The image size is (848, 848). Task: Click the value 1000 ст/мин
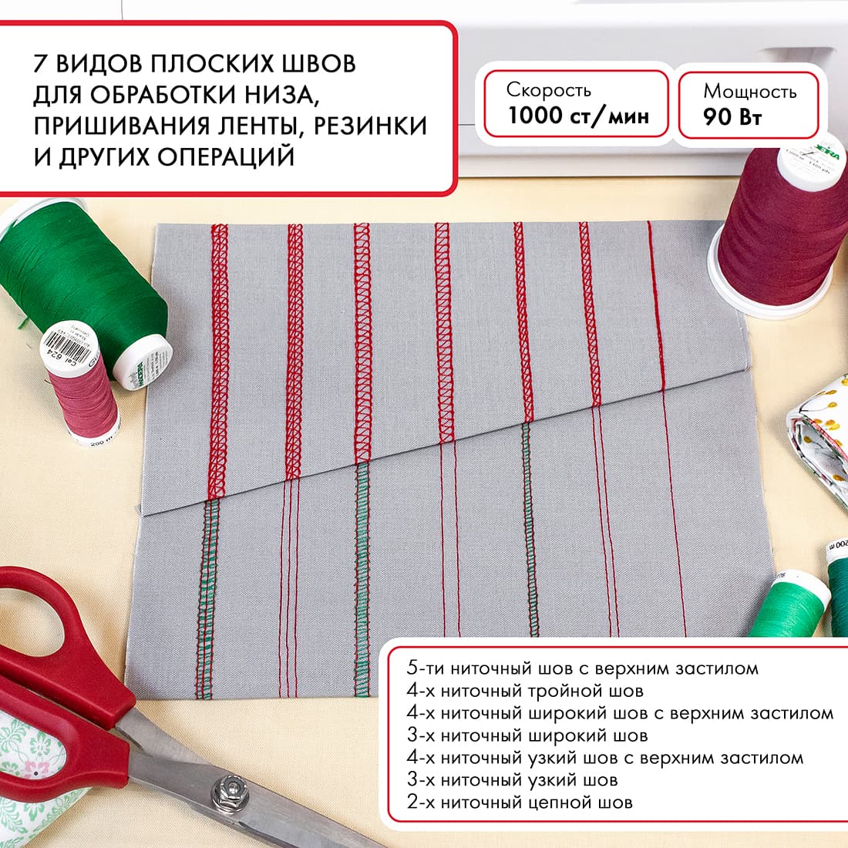577,116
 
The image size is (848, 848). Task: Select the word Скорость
549,89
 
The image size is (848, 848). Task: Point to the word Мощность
749,92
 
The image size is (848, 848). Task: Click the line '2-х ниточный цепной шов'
520,803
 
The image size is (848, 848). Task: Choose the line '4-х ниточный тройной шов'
525,691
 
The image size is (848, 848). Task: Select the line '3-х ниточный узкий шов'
512,780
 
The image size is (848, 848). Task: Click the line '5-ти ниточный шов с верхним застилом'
583,668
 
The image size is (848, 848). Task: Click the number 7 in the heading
42,63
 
